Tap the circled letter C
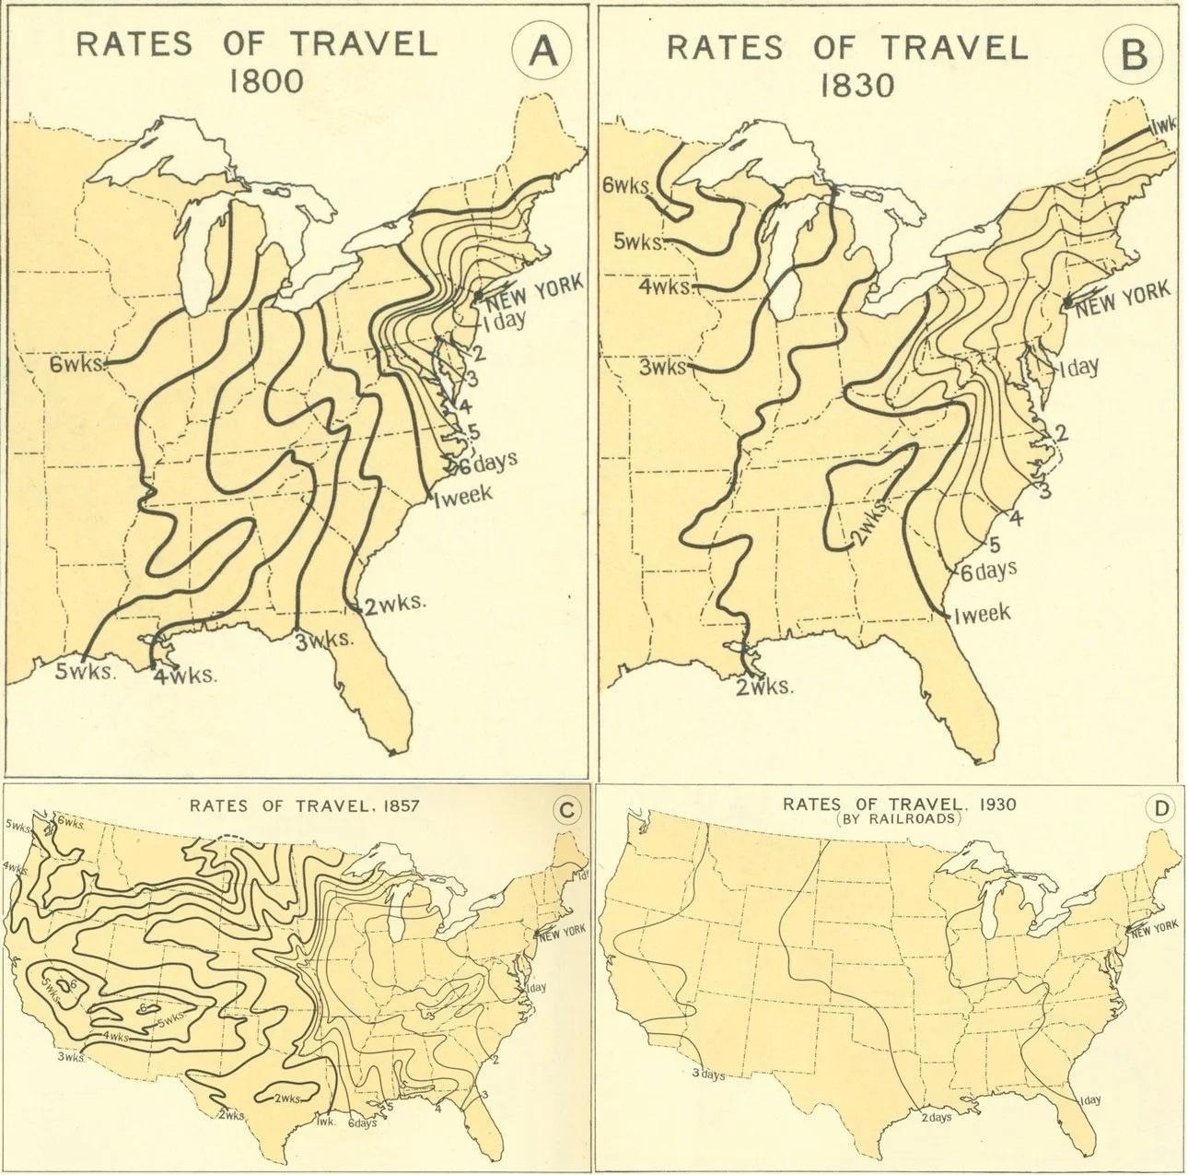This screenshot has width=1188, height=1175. pyautogui.click(x=567, y=809)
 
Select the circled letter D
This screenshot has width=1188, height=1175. pyautogui.click(x=1155, y=809)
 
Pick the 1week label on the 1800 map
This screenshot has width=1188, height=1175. pyautogui.click(x=462, y=493)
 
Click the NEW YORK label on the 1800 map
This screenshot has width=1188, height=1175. pyautogui.click(x=534, y=290)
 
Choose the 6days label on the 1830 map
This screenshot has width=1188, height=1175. pyautogui.click(x=988, y=571)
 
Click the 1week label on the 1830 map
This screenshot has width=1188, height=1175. pyautogui.click(x=982, y=614)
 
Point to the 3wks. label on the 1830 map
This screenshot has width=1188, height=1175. pyautogui.click(x=663, y=367)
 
